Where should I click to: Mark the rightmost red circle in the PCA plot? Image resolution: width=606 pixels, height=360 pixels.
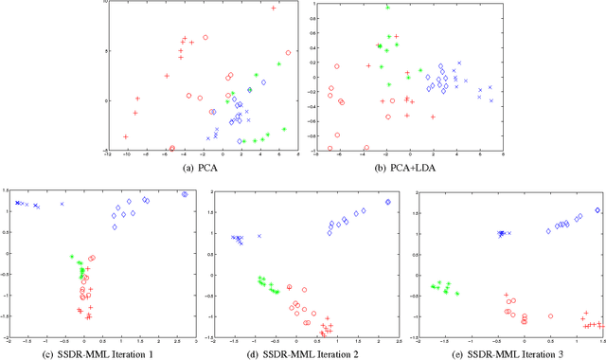(288, 53)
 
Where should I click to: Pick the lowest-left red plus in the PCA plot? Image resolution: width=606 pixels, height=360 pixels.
(125, 137)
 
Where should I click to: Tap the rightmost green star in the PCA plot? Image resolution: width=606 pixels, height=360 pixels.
(284, 130)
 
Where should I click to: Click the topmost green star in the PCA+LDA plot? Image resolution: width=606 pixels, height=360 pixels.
(387, 8)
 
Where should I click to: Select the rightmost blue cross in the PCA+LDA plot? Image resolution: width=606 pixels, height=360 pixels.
(491, 100)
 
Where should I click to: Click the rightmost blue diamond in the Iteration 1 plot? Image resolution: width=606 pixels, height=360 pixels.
(185, 194)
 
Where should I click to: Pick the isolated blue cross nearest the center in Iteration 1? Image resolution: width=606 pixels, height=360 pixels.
(62, 204)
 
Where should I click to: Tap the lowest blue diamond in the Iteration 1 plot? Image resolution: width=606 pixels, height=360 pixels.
(114, 226)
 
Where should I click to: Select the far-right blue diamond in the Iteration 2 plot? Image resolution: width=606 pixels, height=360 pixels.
(388, 202)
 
